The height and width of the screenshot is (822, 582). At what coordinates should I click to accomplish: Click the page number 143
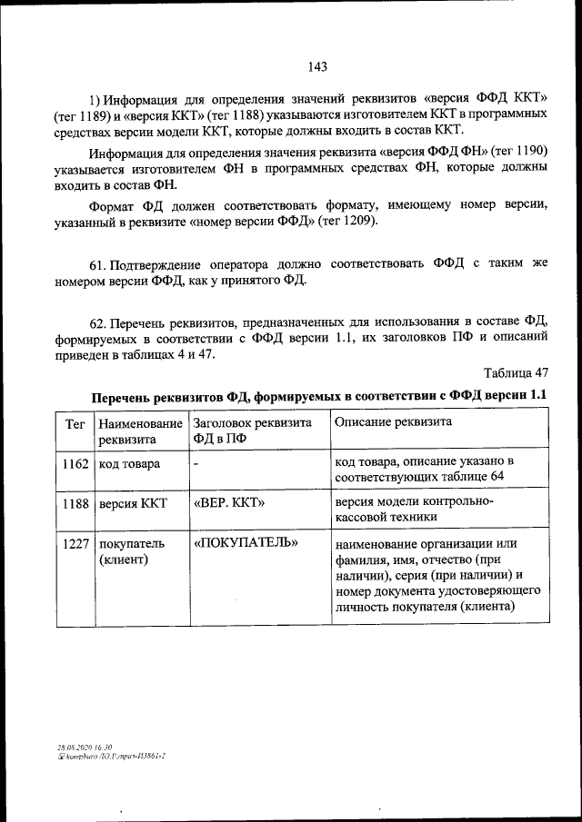(x=317, y=66)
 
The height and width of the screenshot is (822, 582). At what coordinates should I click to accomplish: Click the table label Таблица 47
(x=516, y=373)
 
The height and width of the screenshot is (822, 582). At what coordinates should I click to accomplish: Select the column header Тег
(x=75, y=423)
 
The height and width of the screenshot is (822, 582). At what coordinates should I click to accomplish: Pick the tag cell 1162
(x=75, y=464)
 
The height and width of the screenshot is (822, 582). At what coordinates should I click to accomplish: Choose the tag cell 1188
(x=75, y=502)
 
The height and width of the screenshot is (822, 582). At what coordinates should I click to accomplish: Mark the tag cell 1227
(x=75, y=543)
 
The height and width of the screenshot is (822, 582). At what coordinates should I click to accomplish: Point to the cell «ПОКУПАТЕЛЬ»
(x=246, y=543)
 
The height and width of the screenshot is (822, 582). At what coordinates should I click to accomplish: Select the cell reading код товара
(x=130, y=464)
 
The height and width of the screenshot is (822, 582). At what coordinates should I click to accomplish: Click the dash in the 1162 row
(x=196, y=464)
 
